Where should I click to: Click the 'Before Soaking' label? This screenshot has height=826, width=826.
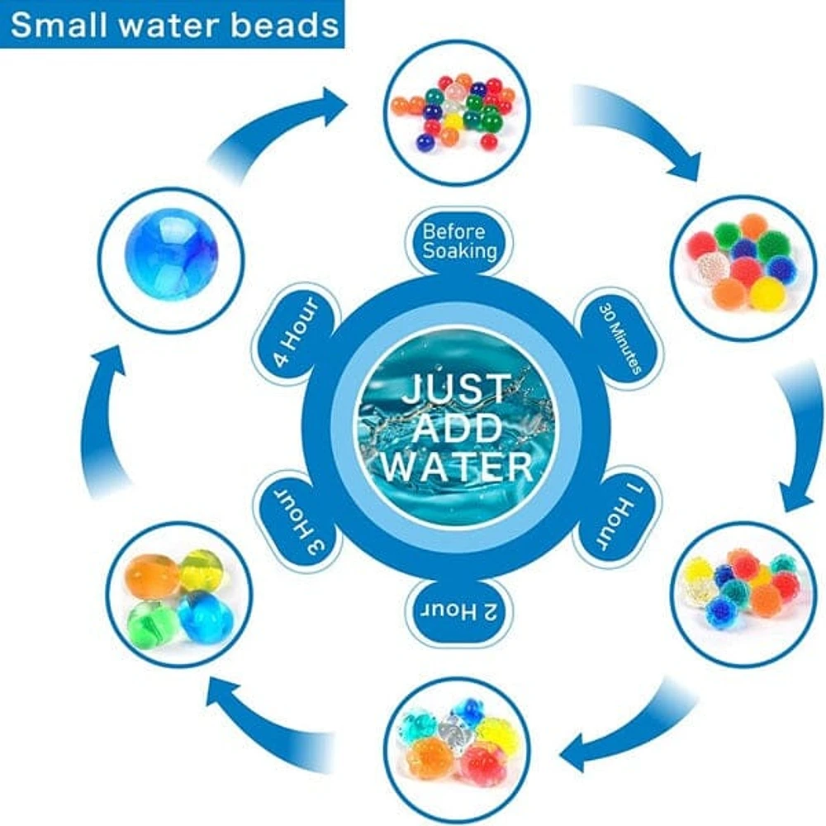[x=459, y=240]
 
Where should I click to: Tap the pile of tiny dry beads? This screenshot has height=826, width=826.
[x=457, y=112]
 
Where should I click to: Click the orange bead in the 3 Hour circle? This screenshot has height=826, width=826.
[x=151, y=575]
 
